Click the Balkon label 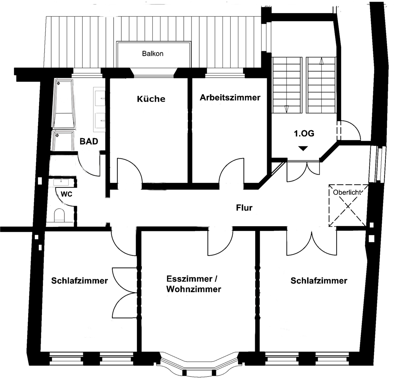click(153, 54)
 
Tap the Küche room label click(151, 99)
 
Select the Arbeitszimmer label click(230, 97)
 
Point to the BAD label click(89, 141)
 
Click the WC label click(67, 195)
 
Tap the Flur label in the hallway click(244, 208)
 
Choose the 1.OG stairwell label click(304, 134)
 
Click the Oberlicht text click(347, 192)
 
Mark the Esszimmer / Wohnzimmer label click(193, 284)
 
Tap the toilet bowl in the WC click(60, 215)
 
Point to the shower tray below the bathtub click(63, 141)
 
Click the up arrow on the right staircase click(321, 61)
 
